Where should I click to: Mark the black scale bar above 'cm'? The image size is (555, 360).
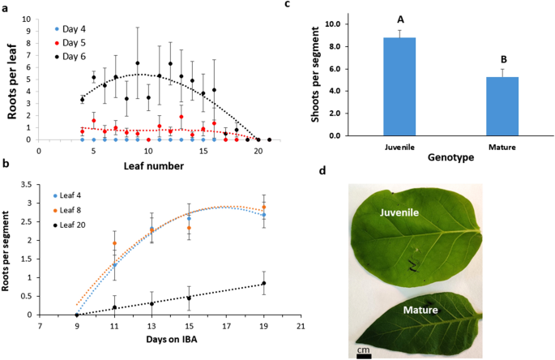click(364, 354)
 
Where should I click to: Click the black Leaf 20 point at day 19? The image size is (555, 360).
click(263, 284)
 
